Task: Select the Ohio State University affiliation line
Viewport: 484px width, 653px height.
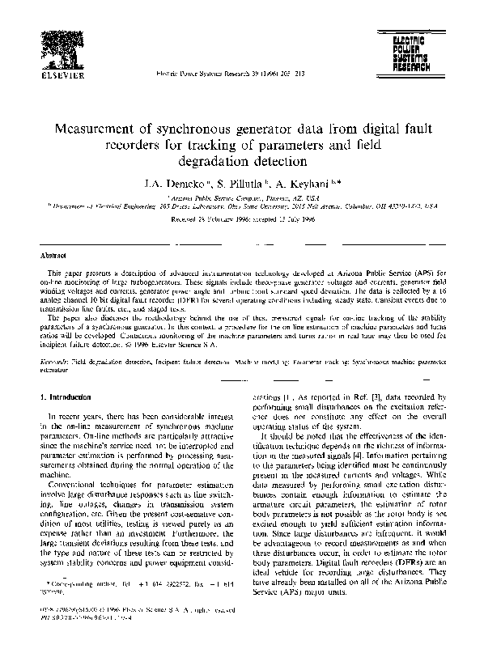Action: [243, 206]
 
